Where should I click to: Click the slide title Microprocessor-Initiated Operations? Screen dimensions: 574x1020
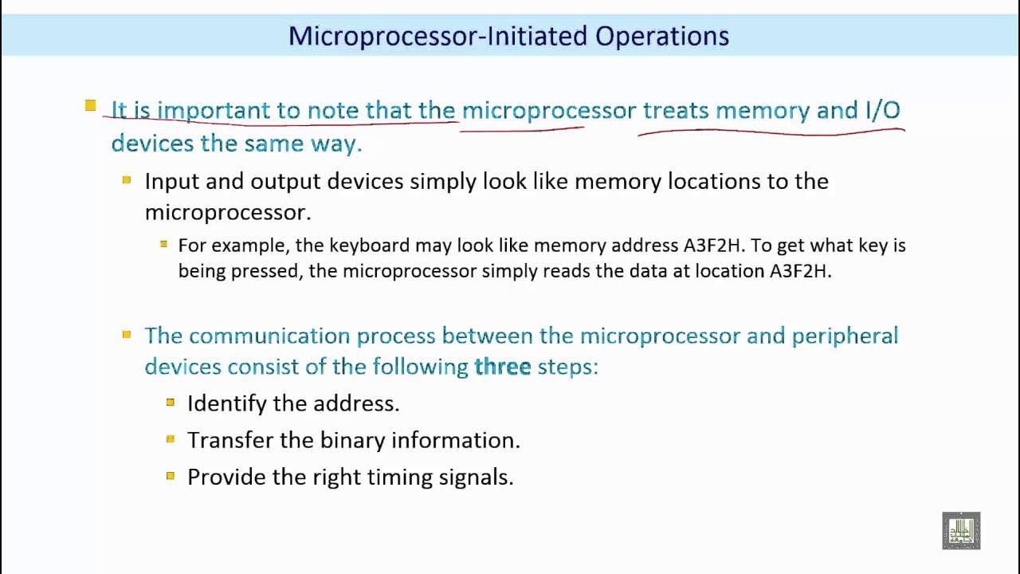508,36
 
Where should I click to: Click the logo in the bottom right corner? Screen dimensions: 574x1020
961,530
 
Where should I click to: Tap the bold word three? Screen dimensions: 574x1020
502,367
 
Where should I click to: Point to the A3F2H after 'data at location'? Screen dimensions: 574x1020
799,271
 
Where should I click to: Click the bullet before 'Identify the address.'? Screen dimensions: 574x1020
171,403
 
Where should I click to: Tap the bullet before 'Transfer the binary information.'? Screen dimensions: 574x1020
171,439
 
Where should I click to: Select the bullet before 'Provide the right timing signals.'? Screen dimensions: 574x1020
171,476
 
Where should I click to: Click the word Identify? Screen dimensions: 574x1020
226,403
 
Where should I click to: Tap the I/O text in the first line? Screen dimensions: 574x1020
882,110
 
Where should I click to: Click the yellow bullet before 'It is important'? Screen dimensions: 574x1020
91,105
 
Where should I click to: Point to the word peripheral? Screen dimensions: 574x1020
845,336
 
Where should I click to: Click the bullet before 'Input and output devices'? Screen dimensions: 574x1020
127,180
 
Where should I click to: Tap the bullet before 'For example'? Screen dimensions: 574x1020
164,244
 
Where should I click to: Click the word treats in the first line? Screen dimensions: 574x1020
676,110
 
